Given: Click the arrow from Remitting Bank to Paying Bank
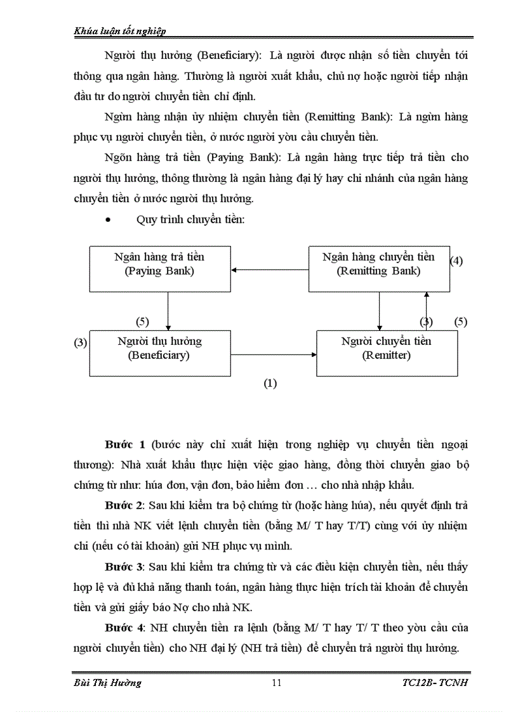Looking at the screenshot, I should coord(270,270).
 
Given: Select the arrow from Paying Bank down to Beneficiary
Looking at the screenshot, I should coord(168,311).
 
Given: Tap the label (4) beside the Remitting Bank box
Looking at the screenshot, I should coord(456,261).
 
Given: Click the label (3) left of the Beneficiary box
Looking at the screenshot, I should coord(81,343).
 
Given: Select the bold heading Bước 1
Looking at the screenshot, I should coord(123,443).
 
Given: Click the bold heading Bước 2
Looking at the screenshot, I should coord(123,505).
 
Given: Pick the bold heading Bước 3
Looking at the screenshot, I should coord(123,566).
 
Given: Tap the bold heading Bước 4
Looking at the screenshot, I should coord(123,627).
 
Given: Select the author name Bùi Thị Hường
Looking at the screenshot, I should coord(104,682).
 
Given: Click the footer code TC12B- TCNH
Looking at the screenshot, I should coord(435,682).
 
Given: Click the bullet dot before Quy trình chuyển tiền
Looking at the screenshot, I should coord(109,221).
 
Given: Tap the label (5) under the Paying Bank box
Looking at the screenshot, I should coord(143,321).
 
